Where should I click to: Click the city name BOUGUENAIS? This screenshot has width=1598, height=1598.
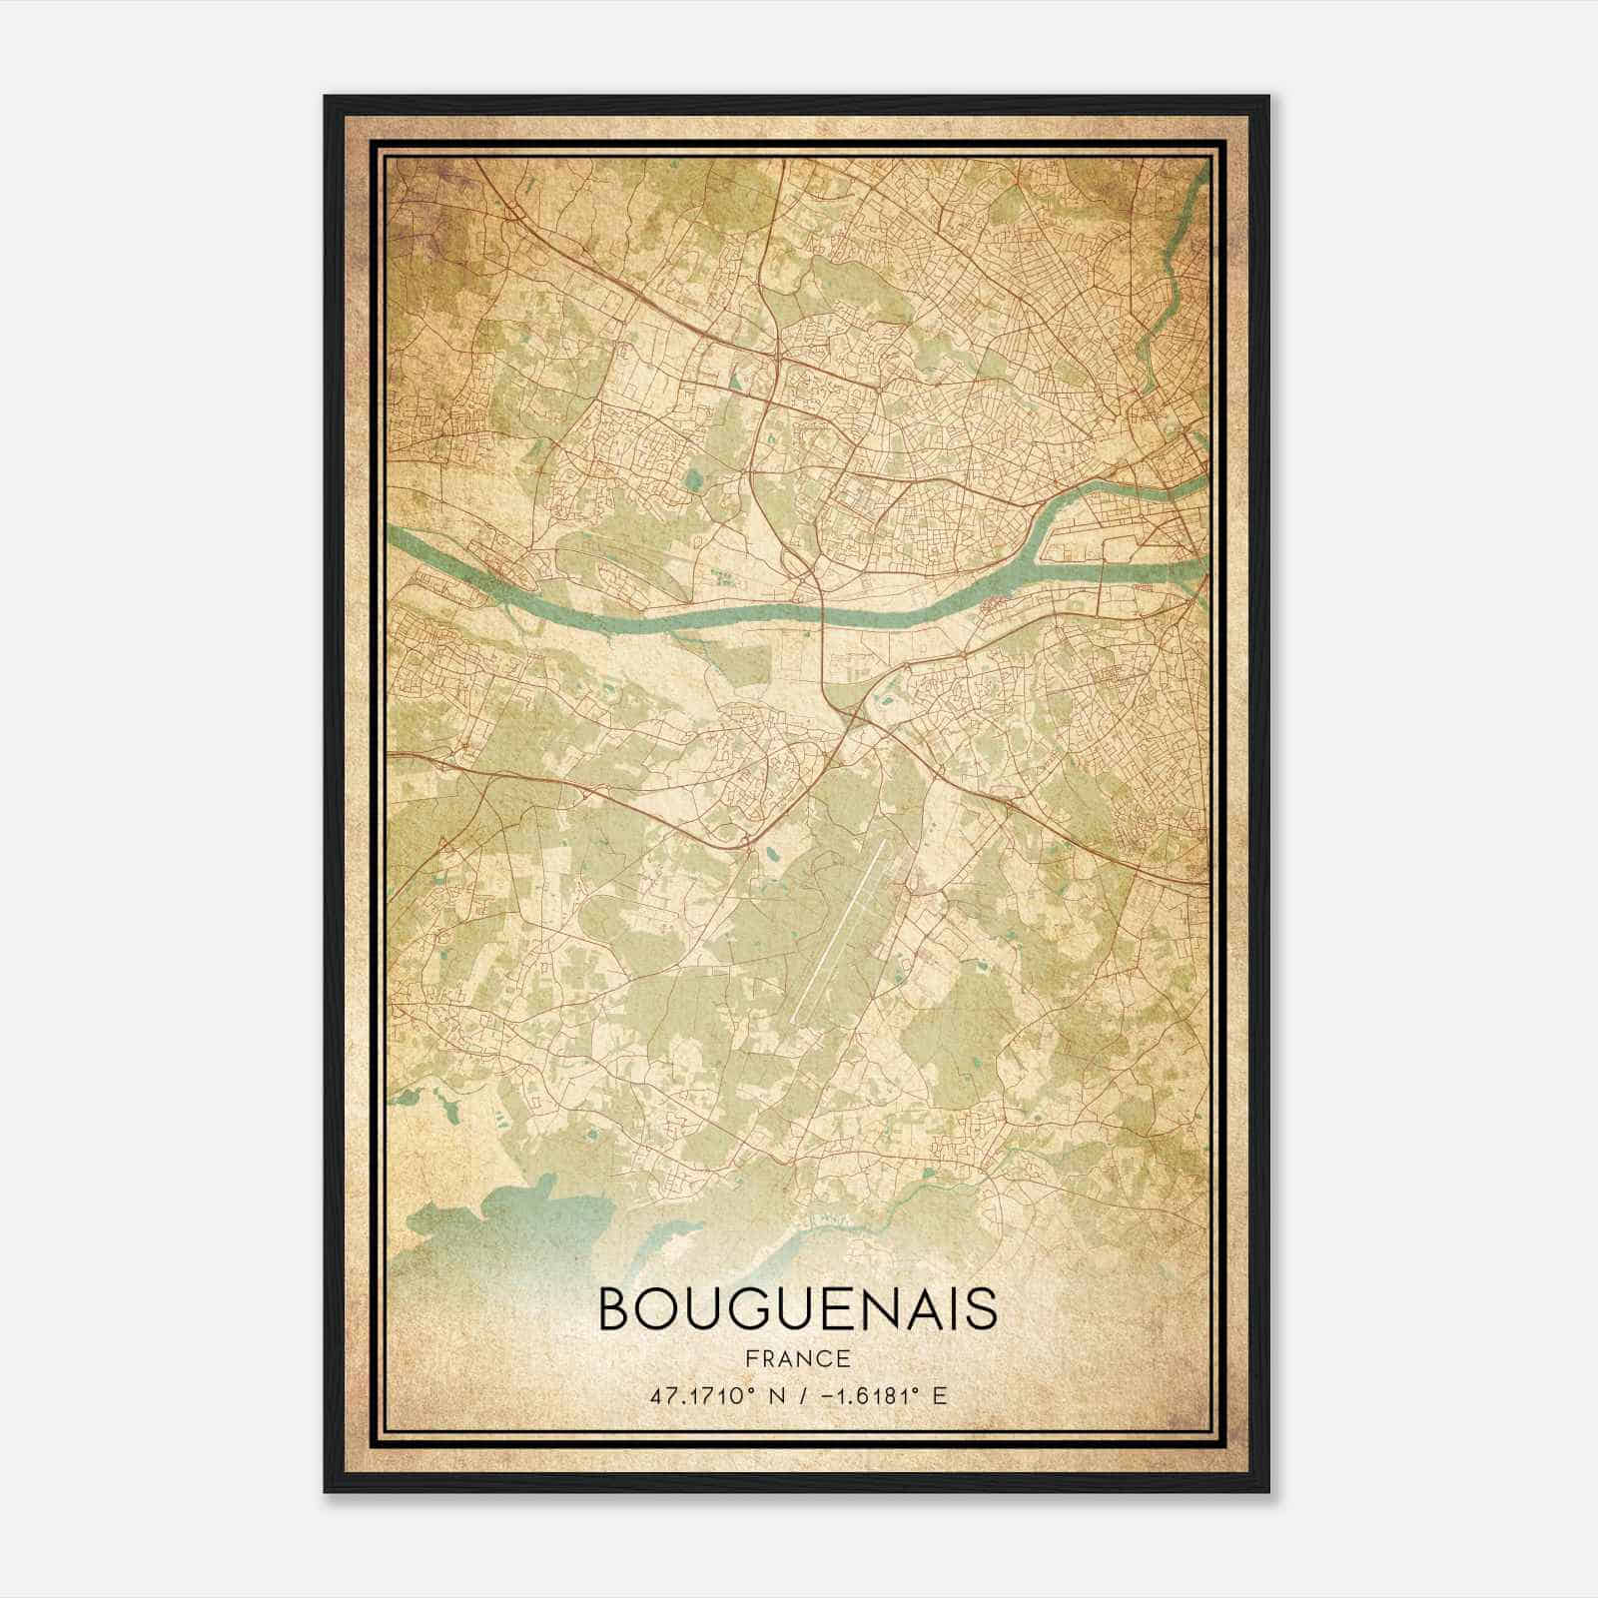click(x=797, y=1309)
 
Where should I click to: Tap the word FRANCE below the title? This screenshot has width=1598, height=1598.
click(x=797, y=1358)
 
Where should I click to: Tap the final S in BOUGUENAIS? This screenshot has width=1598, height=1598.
click(x=983, y=1309)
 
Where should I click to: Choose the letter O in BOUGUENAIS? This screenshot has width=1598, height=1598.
click(x=657, y=1309)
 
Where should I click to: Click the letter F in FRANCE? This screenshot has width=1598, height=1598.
click(x=749, y=1358)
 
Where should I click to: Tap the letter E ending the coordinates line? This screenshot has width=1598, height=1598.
click(x=938, y=1395)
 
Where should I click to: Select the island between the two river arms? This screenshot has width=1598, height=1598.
click(x=1109, y=539)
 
